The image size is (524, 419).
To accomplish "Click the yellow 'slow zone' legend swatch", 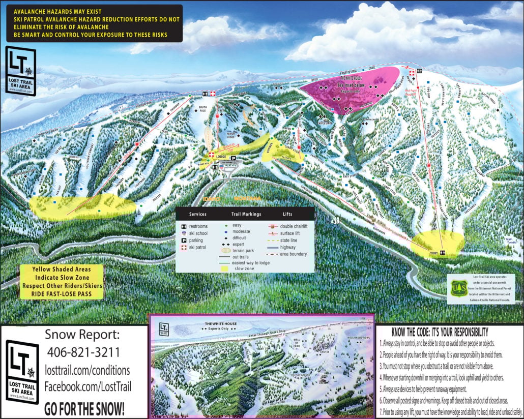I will coord(224,268).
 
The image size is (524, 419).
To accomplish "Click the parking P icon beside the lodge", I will coord(234,159).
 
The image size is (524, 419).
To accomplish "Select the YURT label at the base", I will coord(433,252).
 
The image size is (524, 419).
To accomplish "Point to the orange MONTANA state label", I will coord(248,198).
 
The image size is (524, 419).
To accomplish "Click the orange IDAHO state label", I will coord(212,198).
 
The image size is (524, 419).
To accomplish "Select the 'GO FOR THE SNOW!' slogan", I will coord(84,408).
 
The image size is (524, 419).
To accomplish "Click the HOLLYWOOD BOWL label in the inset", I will coord(358,338).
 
